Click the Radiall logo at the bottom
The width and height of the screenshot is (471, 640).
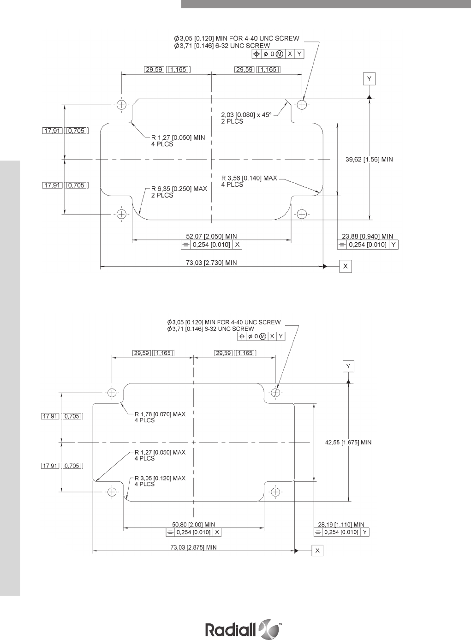[x=243, y=629]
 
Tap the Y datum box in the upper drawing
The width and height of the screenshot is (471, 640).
[x=369, y=79]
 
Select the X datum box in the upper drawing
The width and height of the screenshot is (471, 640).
[x=345, y=266]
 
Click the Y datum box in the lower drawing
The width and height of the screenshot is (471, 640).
[x=348, y=366]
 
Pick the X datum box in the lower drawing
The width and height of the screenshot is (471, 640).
[x=317, y=550]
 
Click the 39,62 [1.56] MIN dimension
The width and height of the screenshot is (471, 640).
[x=369, y=159]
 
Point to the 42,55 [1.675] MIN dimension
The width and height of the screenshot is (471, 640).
[x=348, y=442]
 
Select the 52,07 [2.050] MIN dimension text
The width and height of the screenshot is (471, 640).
[x=211, y=236]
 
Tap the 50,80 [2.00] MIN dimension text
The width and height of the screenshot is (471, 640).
[x=194, y=525]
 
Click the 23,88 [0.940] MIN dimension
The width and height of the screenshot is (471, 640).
[x=368, y=236]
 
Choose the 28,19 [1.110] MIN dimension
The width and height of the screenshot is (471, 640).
[x=341, y=525]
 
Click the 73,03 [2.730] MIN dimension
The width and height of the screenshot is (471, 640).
[x=211, y=263]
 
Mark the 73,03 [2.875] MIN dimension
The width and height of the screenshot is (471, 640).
[x=194, y=547]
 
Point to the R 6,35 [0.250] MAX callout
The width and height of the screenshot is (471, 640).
[x=179, y=192]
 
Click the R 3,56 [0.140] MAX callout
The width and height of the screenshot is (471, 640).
[x=249, y=181]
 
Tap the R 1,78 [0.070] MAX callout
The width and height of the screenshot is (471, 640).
[x=160, y=417]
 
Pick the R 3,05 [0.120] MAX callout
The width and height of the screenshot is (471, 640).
[x=160, y=481]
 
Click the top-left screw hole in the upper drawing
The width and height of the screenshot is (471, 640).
[x=121, y=105]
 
